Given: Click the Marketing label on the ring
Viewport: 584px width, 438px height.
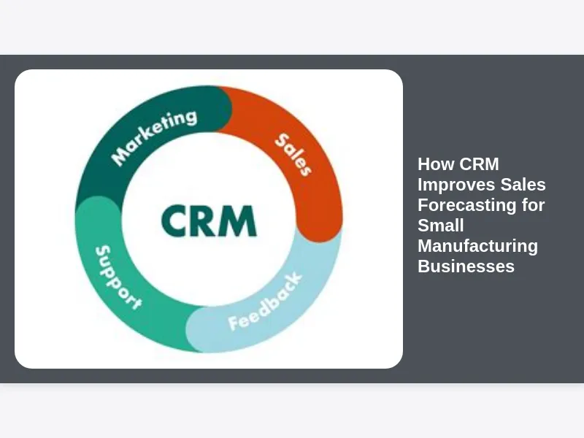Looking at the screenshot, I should (155, 137).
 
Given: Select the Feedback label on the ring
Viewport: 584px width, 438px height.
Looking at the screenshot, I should (264, 302).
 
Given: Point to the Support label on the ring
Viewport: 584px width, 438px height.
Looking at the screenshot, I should (118, 277).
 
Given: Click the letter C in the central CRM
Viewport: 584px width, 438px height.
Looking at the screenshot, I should (175, 220).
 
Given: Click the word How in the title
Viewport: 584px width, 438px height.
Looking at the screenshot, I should (436, 164).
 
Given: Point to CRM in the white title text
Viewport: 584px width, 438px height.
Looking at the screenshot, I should (480, 164).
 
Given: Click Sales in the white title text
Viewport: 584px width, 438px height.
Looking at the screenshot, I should (521, 185).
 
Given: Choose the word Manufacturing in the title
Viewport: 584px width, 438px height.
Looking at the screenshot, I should (477, 246).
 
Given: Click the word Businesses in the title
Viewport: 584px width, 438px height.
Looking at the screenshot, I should (466, 266).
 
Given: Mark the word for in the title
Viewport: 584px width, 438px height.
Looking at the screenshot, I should (532, 205).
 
